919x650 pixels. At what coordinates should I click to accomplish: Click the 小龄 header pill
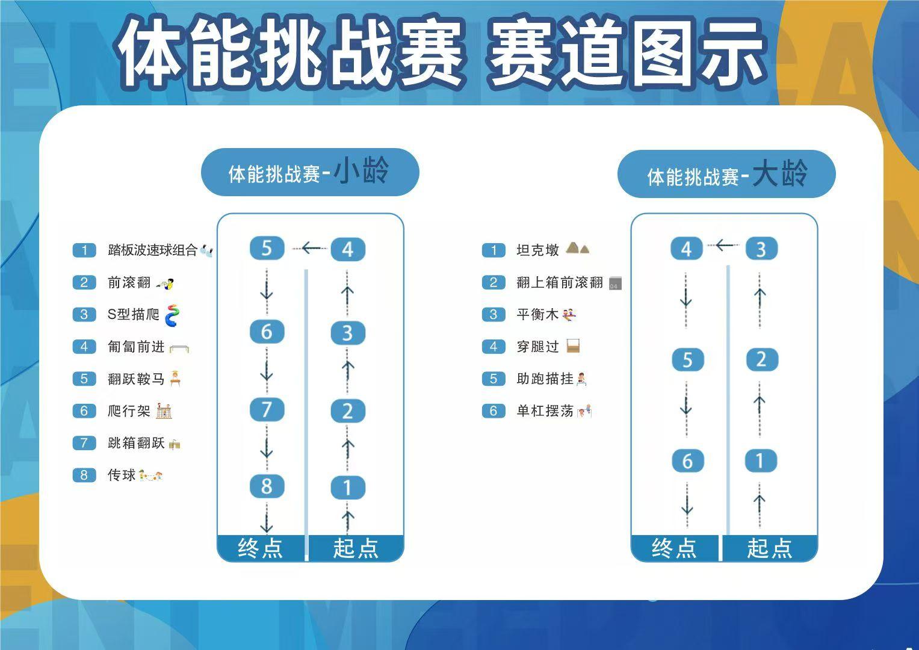(x=310, y=172)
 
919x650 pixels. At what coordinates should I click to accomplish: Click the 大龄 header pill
(x=726, y=174)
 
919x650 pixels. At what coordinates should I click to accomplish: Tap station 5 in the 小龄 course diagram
(x=267, y=248)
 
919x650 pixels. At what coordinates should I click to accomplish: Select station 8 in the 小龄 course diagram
(x=267, y=486)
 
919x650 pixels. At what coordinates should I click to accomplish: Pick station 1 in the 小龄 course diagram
(x=348, y=487)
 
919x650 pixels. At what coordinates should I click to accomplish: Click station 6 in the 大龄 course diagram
(x=688, y=460)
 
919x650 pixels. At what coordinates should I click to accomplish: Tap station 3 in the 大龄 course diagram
(x=761, y=249)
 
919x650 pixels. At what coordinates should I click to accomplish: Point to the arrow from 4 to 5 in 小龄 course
(x=310, y=248)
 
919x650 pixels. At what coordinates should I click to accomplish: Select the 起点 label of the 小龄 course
(x=356, y=548)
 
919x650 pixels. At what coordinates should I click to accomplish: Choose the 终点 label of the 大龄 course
(x=675, y=548)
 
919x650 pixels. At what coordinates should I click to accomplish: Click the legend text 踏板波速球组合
(x=153, y=250)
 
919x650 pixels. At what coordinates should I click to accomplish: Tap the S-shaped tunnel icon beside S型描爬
(x=173, y=315)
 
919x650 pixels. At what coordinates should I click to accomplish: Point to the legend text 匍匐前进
(x=136, y=347)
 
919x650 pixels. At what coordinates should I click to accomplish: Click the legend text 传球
(x=122, y=475)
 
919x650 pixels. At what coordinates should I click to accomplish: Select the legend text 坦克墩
(x=538, y=250)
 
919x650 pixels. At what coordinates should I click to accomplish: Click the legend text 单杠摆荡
(x=545, y=410)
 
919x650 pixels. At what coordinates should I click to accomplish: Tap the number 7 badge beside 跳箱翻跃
(x=84, y=443)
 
